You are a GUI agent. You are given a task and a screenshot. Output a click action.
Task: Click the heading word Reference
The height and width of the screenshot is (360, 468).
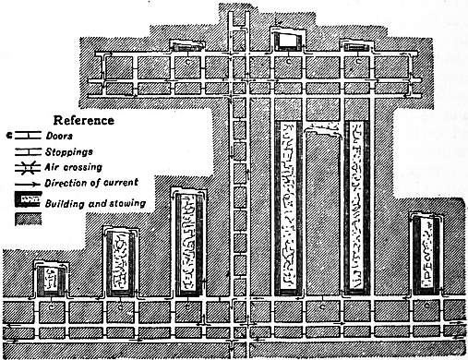(x=84, y=120)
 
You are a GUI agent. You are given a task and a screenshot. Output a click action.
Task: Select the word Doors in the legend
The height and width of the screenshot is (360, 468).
(x=59, y=136)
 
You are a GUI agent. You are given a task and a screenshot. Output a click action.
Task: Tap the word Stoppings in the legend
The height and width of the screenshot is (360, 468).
(x=69, y=151)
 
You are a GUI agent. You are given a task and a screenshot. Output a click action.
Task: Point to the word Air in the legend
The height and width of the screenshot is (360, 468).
(x=50, y=167)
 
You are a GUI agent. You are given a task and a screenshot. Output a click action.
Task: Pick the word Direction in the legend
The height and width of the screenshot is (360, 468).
(x=67, y=183)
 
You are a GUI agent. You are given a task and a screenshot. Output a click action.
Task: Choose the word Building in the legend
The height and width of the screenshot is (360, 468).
(x=65, y=204)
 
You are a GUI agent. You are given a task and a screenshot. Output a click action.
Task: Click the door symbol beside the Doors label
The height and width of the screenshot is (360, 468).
(x=28, y=136)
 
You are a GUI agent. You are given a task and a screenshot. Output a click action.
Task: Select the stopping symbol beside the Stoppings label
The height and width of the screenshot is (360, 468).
(x=28, y=151)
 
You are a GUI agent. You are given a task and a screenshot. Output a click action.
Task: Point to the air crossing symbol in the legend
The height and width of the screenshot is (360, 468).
(x=28, y=168)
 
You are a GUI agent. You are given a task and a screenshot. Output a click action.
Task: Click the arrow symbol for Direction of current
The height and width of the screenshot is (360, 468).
(x=28, y=185)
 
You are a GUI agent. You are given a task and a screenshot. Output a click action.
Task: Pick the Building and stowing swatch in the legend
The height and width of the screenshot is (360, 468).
(x=28, y=199)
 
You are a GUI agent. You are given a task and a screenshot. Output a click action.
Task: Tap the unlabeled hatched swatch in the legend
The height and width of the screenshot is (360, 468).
(x=28, y=219)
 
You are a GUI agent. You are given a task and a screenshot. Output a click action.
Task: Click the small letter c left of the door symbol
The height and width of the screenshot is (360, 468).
(x=9, y=135)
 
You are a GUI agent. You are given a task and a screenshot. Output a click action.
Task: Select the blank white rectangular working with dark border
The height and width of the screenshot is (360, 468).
(x=288, y=41)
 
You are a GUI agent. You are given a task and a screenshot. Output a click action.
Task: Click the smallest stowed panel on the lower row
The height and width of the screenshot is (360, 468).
(x=52, y=280)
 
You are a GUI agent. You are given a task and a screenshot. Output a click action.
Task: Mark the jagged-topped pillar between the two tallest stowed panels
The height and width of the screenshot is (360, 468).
(x=323, y=212)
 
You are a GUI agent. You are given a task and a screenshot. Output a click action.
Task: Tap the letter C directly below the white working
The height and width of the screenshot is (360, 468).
(x=288, y=61)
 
